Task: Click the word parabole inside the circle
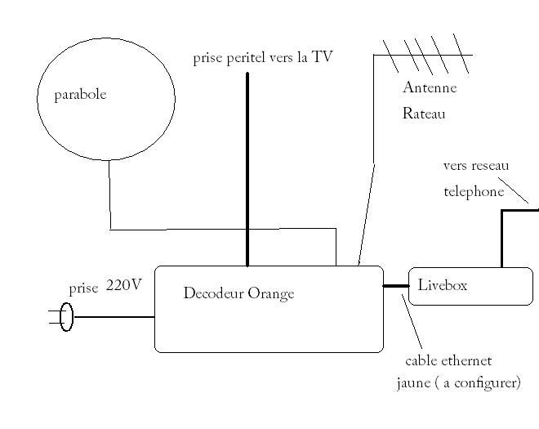pos(80,95)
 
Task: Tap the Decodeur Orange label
pos(238,293)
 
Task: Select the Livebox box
pos(470,286)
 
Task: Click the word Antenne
pos(430,88)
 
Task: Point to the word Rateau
pos(424,114)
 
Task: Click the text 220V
pos(124,285)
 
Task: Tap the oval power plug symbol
pos(67,316)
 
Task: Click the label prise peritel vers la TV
pos(263,58)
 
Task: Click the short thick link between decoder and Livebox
pos(395,286)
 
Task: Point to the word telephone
pos(474,192)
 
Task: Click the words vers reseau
pos(476,166)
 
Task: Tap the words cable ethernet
pos(448,360)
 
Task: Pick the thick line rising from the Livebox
pos(501,237)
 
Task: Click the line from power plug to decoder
pos(114,316)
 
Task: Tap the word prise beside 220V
pos(83,288)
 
